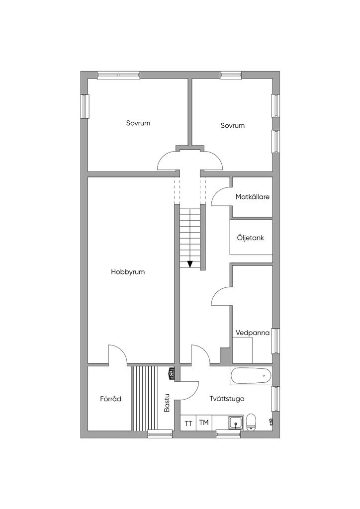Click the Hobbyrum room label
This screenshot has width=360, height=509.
(x=128, y=272)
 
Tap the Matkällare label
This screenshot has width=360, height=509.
(x=253, y=197)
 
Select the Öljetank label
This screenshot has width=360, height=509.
(x=250, y=238)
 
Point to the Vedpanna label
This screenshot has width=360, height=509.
(x=253, y=333)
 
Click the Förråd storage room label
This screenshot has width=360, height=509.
(x=111, y=399)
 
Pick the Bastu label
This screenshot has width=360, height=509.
(x=167, y=403)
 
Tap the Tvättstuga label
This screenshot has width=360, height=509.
(x=227, y=399)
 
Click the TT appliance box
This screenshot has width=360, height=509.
(x=188, y=423)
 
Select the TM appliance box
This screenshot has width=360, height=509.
(x=204, y=423)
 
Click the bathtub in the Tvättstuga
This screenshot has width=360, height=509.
(x=251, y=376)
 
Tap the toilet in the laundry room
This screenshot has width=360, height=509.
(x=251, y=423)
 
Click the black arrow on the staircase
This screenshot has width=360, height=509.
(x=190, y=264)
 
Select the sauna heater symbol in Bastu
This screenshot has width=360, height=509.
(x=172, y=373)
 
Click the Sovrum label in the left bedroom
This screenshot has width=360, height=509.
(x=138, y=123)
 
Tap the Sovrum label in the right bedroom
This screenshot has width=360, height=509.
(x=232, y=126)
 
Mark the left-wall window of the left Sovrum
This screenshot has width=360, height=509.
(x=85, y=106)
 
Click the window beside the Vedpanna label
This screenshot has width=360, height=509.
(x=275, y=341)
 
